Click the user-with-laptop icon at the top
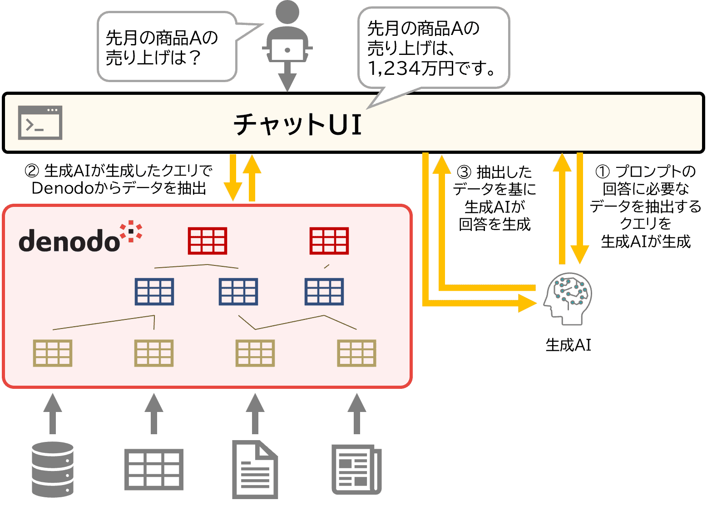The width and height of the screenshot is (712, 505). [x=287, y=34]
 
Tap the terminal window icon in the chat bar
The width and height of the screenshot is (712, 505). [x=40, y=123]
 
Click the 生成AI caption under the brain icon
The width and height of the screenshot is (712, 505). [x=568, y=345]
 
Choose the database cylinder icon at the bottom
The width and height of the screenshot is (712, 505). [x=53, y=470]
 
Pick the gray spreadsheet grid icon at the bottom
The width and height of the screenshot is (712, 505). [x=154, y=470]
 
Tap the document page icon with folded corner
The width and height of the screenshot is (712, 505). [x=255, y=470]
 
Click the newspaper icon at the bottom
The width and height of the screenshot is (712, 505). [x=356, y=470]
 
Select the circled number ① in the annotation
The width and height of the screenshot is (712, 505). [x=603, y=172]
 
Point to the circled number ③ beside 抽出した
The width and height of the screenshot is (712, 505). [x=464, y=172]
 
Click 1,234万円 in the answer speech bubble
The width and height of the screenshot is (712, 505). [x=411, y=68]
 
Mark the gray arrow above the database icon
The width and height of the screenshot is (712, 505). [x=53, y=413]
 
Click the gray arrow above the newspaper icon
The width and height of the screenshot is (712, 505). [x=356, y=413]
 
